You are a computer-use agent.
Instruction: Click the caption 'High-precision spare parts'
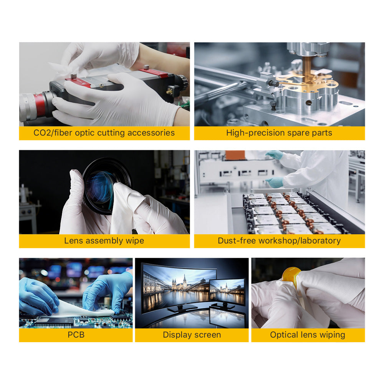click(x=279, y=133)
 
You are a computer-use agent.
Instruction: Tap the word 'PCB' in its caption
click(x=76, y=335)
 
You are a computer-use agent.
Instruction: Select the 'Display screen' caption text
click(x=192, y=335)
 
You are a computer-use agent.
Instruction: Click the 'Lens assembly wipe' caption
click(x=104, y=241)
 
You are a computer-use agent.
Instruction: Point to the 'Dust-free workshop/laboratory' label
click(x=279, y=241)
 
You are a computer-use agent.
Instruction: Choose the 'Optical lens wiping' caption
click(x=308, y=335)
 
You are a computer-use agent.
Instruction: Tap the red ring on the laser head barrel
click(x=39, y=104)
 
